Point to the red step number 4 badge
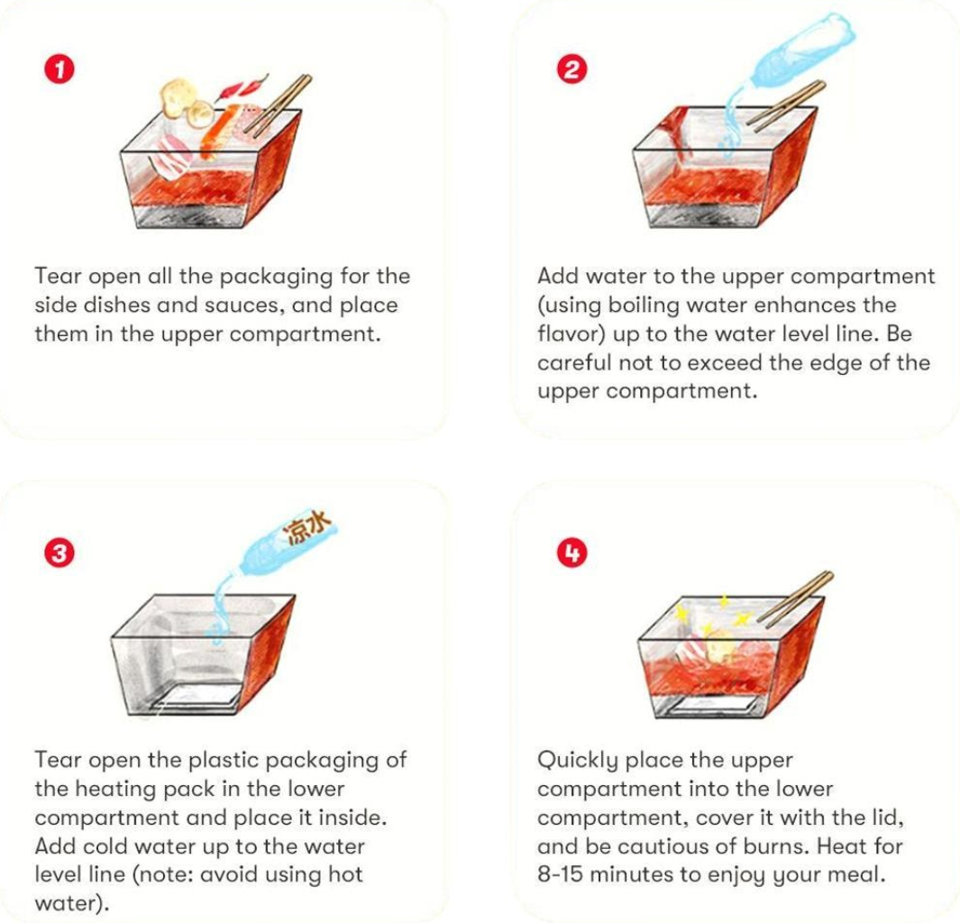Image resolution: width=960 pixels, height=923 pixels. point(571,553)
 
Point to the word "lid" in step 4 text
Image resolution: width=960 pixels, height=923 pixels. point(885,818)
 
